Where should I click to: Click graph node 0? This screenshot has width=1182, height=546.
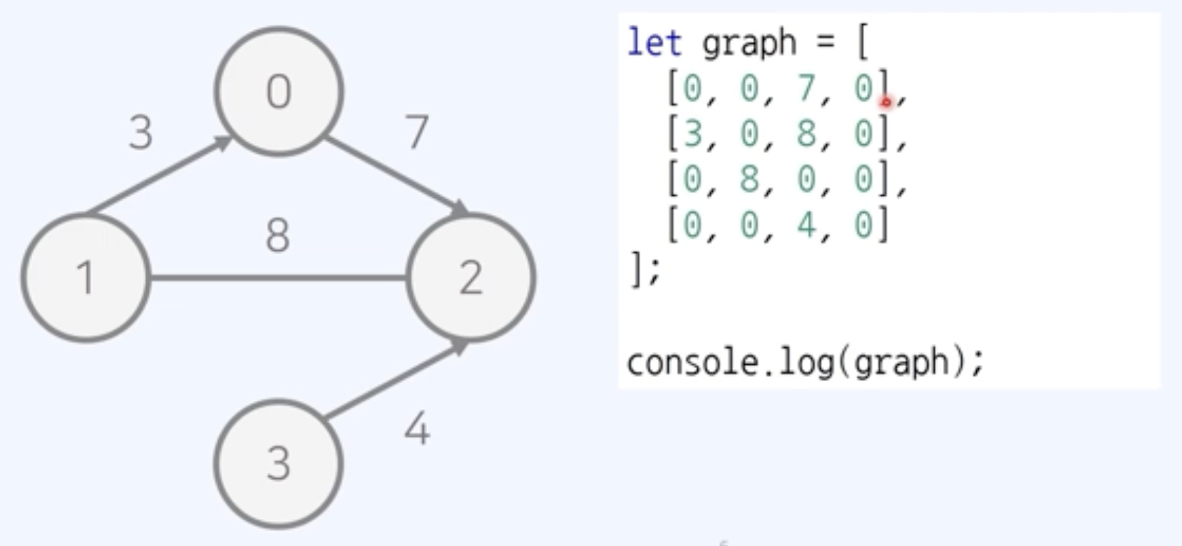coord(279,91)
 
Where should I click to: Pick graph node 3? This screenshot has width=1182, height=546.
coord(279,463)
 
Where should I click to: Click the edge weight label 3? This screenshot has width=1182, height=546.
coord(141,133)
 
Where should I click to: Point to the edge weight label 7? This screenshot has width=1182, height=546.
coord(417,131)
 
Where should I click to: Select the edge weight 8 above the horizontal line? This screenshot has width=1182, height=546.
coord(278,235)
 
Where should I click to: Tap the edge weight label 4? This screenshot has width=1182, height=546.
coord(417,429)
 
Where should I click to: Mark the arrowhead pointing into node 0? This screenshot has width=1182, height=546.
coord(222,142)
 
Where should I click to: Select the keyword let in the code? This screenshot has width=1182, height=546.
coord(654,43)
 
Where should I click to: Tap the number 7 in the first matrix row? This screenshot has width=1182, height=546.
coord(807,88)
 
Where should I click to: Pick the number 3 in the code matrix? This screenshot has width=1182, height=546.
coord(693,133)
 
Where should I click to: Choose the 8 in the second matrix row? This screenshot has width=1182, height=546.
coord(807,133)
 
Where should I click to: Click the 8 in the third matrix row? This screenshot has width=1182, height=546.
coord(750,179)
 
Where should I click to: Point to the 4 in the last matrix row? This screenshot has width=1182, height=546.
coord(807,225)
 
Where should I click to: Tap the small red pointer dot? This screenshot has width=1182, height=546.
coord(886,102)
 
